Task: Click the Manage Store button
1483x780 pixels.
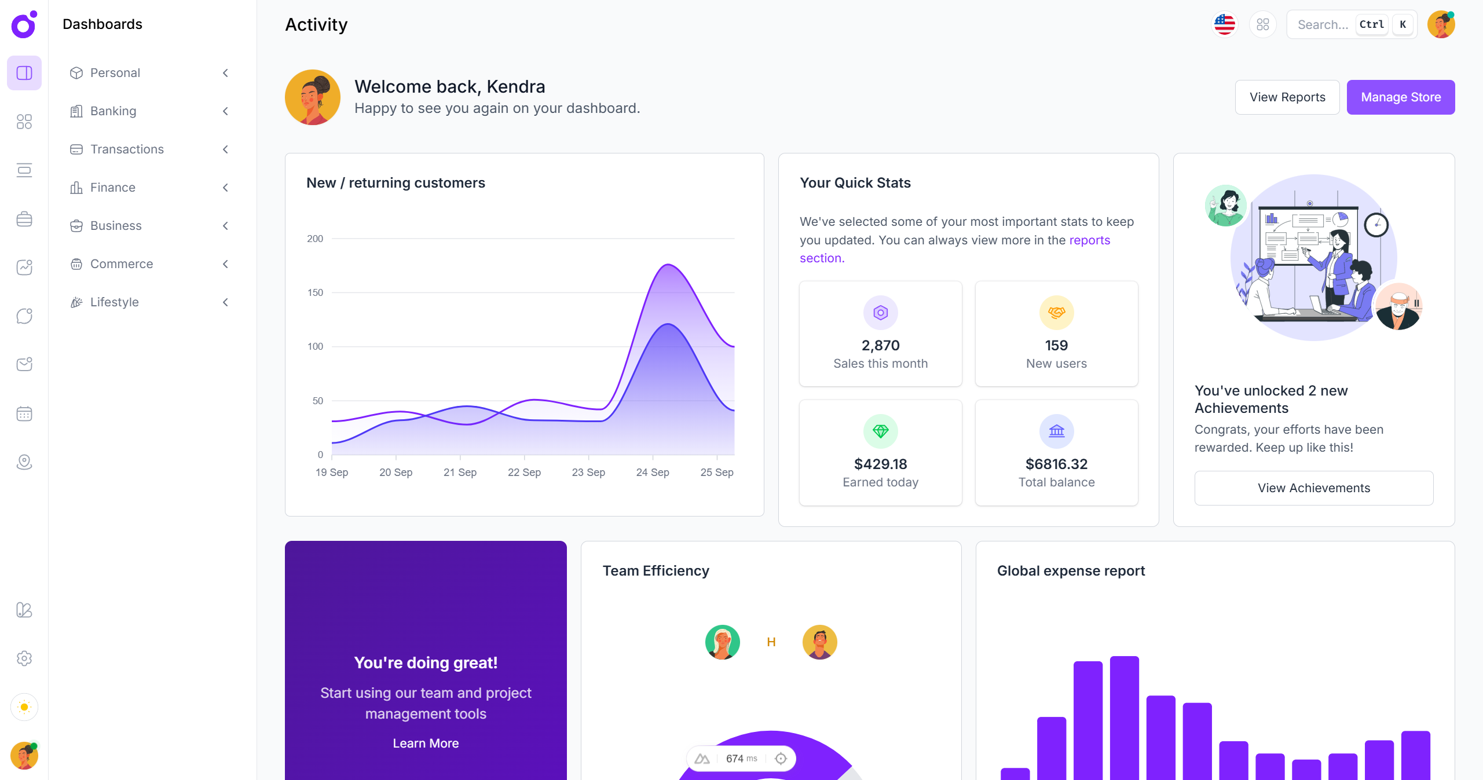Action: (1400, 97)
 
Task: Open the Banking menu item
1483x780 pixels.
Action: (113, 111)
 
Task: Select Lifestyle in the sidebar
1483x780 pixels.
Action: (115, 302)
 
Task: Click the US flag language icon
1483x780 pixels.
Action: (1224, 24)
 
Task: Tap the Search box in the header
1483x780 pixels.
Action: (1323, 24)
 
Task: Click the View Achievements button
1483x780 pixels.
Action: (1313, 488)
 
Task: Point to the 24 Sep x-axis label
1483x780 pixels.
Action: (653, 473)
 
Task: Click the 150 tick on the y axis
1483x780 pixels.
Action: (315, 292)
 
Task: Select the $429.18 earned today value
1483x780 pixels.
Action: (880, 464)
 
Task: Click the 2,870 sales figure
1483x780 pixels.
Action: (880, 346)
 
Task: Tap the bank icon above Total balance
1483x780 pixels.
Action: (1056, 431)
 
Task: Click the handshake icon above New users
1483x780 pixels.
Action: (1056, 313)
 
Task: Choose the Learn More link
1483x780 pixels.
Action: (426, 744)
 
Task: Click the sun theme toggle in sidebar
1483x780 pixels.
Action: (24, 707)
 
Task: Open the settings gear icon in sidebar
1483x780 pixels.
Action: (24, 658)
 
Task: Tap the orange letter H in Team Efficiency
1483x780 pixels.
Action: (771, 642)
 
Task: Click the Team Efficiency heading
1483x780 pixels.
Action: (656, 571)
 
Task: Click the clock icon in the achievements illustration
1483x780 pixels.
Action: (1376, 225)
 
